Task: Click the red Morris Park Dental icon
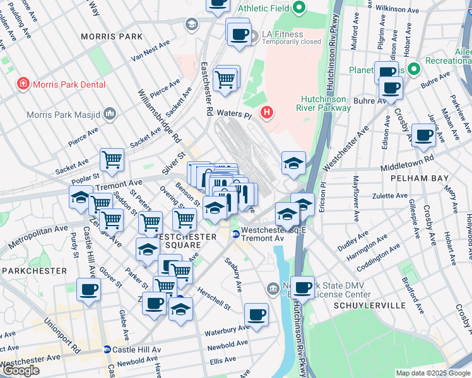(x=23, y=83)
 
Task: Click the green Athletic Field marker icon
(x=300, y=8)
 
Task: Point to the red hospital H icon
(x=268, y=113)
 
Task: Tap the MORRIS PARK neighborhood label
(x=112, y=37)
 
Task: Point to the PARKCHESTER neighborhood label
(x=31, y=270)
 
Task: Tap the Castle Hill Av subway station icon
(x=107, y=349)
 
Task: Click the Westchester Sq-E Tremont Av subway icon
(x=235, y=234)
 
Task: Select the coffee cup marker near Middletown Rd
(x=423, y=134)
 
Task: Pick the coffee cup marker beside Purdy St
(x=88, y=290)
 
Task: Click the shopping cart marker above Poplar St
(x=112, y=159)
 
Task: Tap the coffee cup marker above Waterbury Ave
(x=256, y=314)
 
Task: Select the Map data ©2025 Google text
(x=433, y=373)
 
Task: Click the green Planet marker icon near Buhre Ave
(x=413, y=69)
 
